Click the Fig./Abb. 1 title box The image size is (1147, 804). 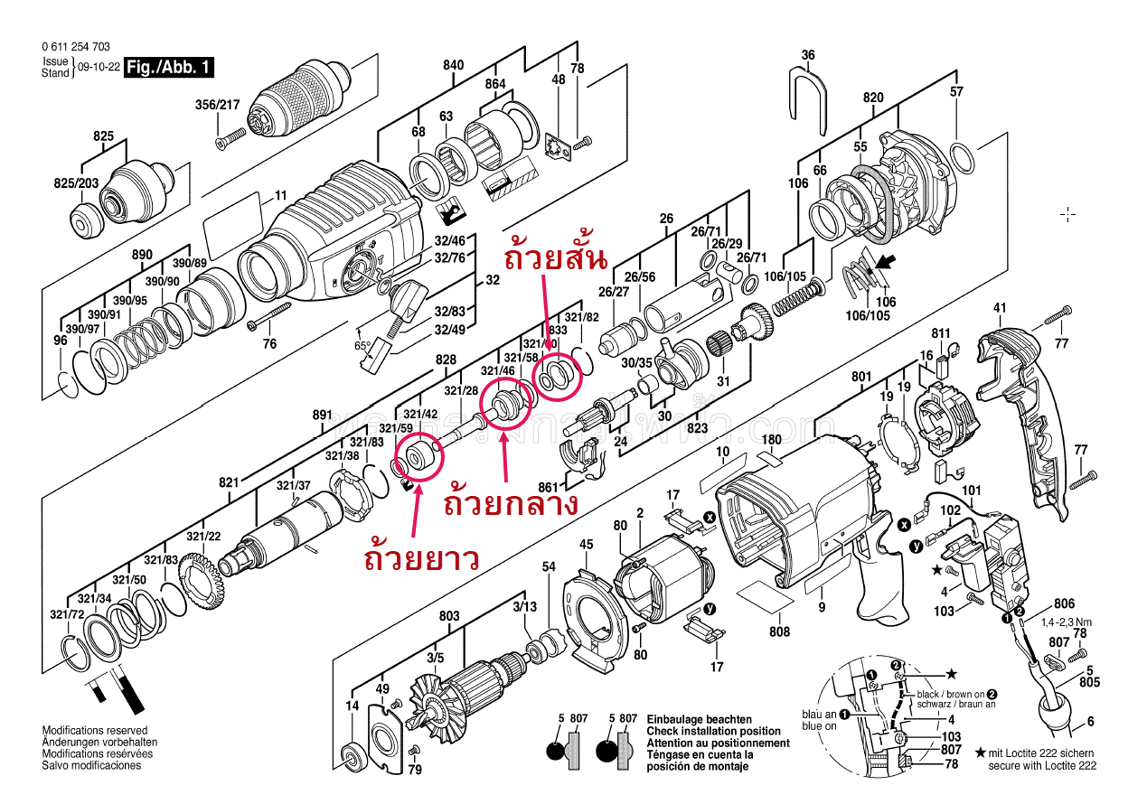click(x=170, y=67)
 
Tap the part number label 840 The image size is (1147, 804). click(x=454, y=65)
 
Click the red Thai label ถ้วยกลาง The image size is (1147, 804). click(x=511, y=502)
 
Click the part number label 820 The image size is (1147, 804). click(x=872, y=98)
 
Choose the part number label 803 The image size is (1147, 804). click(x=449, y=616)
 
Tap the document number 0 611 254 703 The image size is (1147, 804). click(x=76, y=47)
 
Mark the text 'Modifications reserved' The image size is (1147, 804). click(x=95, y=730)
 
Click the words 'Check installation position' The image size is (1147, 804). click(x=713, y=731)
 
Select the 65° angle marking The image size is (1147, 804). click(x=362, y=345)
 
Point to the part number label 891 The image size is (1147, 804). click(x=323, y=416)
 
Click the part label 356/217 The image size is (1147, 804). click(x=218, y=105)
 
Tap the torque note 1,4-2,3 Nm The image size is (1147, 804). click(x=1067, y=622)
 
